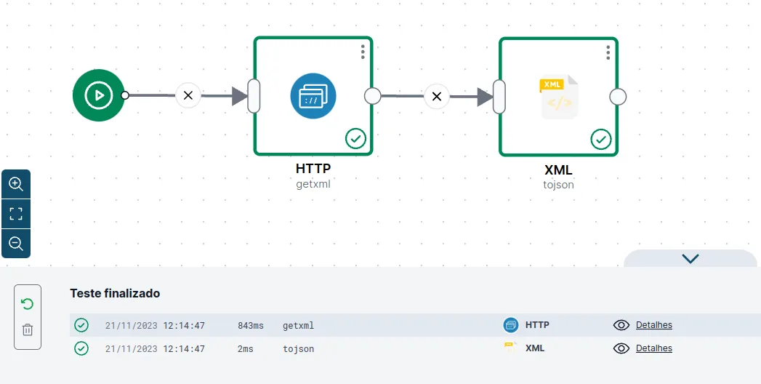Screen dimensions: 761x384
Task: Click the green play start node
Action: point(99,95)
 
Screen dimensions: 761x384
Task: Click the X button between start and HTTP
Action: point(188,95)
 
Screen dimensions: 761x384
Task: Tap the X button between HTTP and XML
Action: point(437,96)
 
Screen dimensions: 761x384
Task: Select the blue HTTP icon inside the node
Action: point(313,96)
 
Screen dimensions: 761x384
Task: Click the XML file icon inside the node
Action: point(559,97)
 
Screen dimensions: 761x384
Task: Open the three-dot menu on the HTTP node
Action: point(363,52)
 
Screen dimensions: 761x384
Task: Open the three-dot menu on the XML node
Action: point(608,52)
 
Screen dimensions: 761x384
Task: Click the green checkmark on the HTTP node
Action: point(355,139)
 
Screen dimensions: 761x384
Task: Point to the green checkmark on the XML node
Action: point(601,140)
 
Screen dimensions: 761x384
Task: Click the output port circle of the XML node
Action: point(618,97)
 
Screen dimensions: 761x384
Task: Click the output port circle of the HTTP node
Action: point(372,96)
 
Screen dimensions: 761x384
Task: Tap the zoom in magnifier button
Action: point(16,184)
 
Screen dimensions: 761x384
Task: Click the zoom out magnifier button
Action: point(16,243)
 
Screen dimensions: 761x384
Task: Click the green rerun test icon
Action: point(28,304)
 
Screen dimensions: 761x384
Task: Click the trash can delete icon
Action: point(28,329)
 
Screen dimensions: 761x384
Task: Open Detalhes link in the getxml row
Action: point(653,325)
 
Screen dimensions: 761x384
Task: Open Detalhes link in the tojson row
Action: point(653,348)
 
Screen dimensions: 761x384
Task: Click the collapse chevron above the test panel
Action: point(690,258)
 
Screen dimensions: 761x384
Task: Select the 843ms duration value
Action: point(251,325)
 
